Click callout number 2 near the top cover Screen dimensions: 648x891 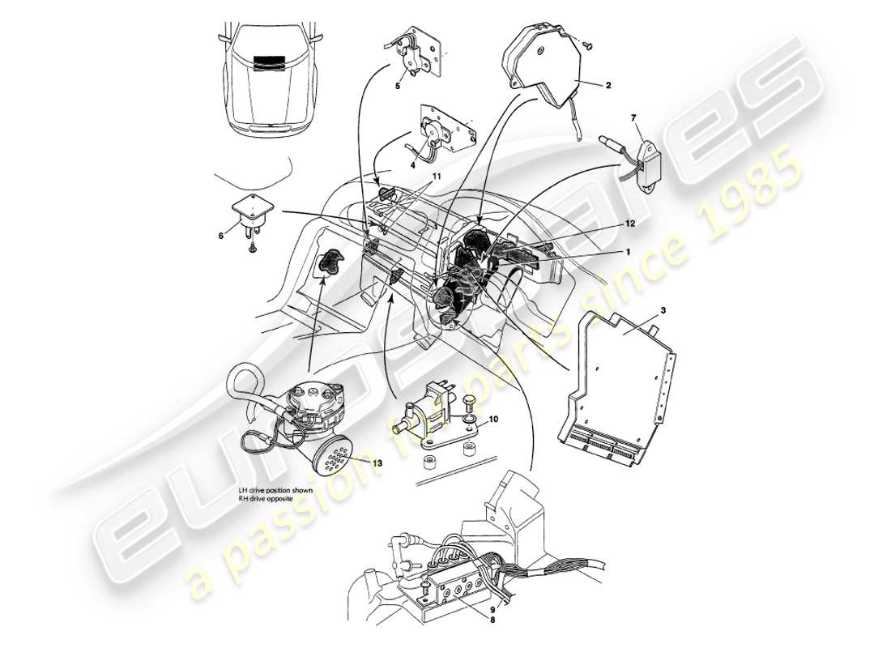(607, 83)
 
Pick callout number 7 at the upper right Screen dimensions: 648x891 (633, 118)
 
